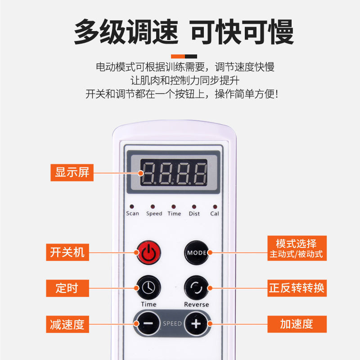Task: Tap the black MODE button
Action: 197,252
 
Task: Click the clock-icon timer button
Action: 148,288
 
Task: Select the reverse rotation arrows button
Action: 197,288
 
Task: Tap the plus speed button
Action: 196,324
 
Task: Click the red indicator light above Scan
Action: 132,207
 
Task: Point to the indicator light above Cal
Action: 215,207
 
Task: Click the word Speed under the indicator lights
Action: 154,213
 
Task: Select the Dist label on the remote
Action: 194,213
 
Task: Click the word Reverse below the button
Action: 197,305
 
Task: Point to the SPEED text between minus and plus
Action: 172,324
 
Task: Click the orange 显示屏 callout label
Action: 72,173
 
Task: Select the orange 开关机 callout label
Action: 67,252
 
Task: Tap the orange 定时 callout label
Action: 67,288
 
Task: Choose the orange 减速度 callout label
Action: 67,324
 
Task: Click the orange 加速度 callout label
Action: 297,324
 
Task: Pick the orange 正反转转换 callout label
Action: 297,288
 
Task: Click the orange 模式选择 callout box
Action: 297,248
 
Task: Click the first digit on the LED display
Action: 148,174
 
